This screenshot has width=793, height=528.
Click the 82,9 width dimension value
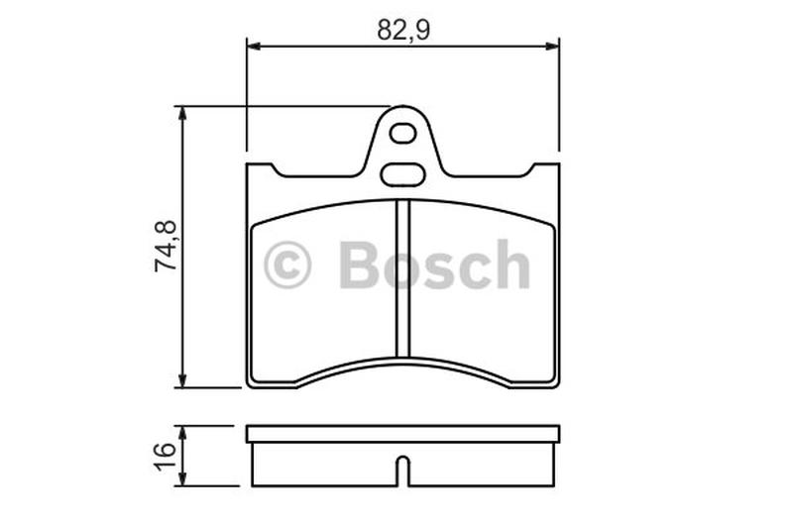(x=403, y=31)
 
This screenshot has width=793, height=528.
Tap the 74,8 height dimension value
(x=166, y=247)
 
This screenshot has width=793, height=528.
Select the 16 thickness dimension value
(x=166, y=457)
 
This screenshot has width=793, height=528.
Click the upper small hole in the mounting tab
(x=403, y=134)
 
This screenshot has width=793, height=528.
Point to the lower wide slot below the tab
(x=402, y=174)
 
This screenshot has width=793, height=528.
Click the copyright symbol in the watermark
(x=286, y=264)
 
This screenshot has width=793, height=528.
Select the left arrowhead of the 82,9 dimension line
(x=253, y=47)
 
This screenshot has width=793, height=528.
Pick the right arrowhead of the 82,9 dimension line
(x=552, y=47)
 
